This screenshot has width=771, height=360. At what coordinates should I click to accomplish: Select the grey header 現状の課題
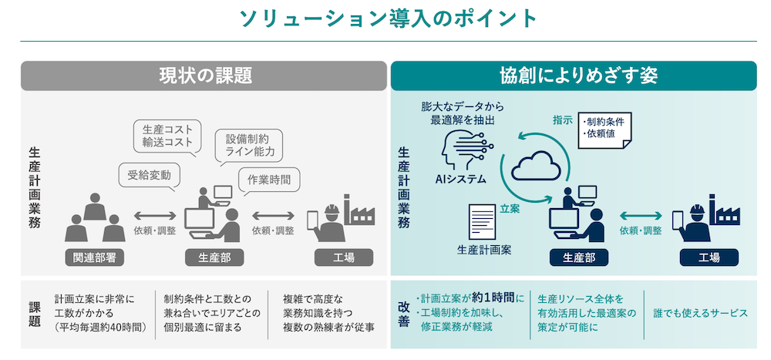click(204, 76)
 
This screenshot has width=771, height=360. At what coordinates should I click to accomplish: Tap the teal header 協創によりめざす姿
click(574, 76)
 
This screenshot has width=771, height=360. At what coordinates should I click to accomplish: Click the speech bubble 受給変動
click(149, 174)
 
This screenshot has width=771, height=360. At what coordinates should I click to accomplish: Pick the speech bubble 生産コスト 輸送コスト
click(167, 136)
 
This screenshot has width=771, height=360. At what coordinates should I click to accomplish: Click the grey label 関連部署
click(95, 257)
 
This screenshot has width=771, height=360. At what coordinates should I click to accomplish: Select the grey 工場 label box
click(340, 257)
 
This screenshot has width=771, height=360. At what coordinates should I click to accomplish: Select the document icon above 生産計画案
click(483, 222)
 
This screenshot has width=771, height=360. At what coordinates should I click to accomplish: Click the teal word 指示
click(562, 120)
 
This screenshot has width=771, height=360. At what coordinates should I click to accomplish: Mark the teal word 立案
click(510, 208)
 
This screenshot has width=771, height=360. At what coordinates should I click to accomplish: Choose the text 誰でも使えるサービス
click(700, 313)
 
